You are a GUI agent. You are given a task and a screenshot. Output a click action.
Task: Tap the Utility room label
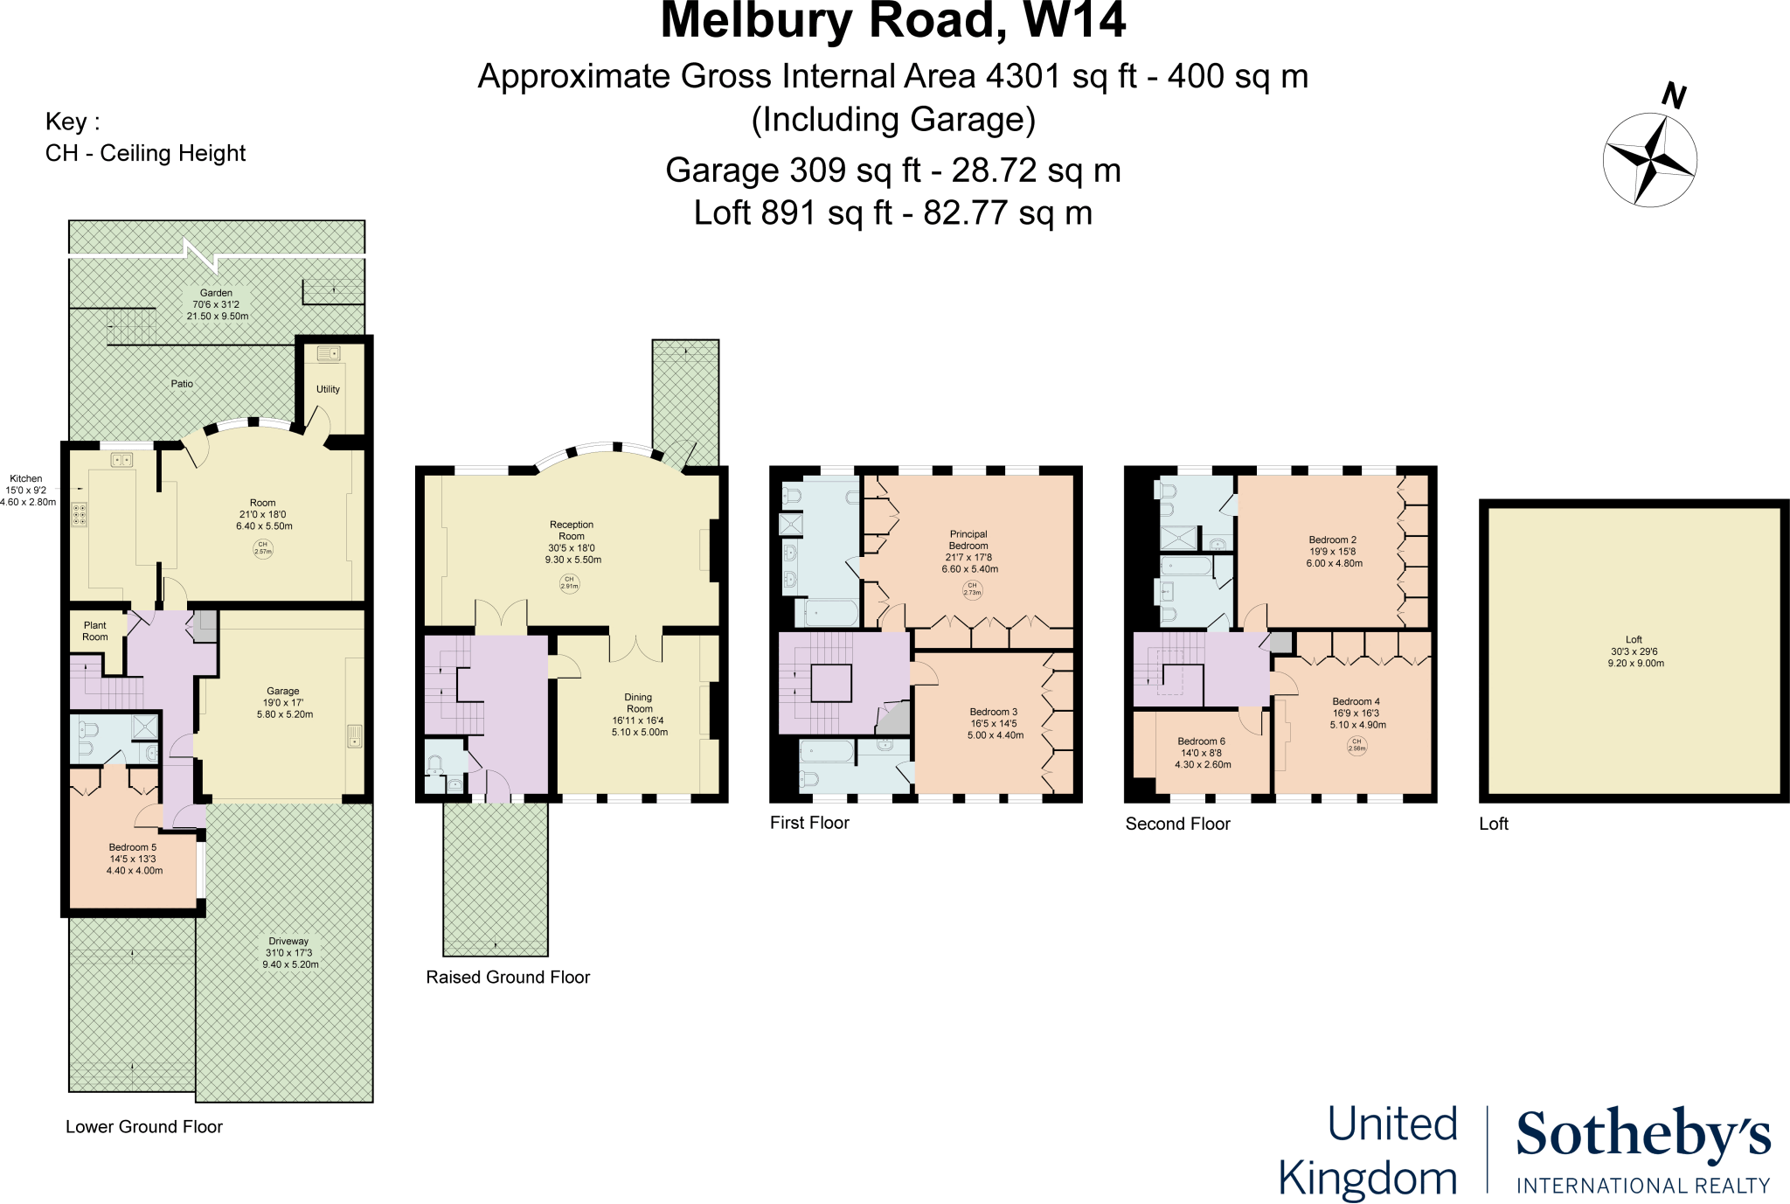click(328, 389)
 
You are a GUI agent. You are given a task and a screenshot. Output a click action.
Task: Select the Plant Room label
click(95, 631)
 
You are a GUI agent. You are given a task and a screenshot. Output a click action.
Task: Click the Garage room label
click(282, 691)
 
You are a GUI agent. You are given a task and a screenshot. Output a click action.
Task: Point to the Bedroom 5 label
click(133, 847)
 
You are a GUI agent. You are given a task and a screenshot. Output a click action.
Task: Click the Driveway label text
click(288, 942)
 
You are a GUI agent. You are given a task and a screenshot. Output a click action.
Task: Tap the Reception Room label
click(572, 531)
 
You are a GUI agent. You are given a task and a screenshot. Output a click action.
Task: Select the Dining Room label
click(639, 703)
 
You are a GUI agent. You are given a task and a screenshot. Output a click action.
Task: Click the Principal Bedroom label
click(968, 539)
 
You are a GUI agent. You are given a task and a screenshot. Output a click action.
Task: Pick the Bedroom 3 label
click(994, 712)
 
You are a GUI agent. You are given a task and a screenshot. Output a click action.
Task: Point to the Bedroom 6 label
click(1202, 741)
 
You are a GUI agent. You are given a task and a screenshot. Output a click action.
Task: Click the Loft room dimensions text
click(1634, 658)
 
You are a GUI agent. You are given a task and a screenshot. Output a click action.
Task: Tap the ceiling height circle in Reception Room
click(569, 582)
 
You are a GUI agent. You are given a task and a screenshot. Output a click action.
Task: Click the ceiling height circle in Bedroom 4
click(1356, 745)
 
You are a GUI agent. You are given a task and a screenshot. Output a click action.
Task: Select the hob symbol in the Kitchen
click(80, 514)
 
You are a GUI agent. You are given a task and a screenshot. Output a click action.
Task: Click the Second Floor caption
click(1177, 824)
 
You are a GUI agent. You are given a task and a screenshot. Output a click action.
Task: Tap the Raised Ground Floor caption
click(508, 977)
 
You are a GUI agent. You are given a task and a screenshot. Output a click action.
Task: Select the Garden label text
click(216, 293)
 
